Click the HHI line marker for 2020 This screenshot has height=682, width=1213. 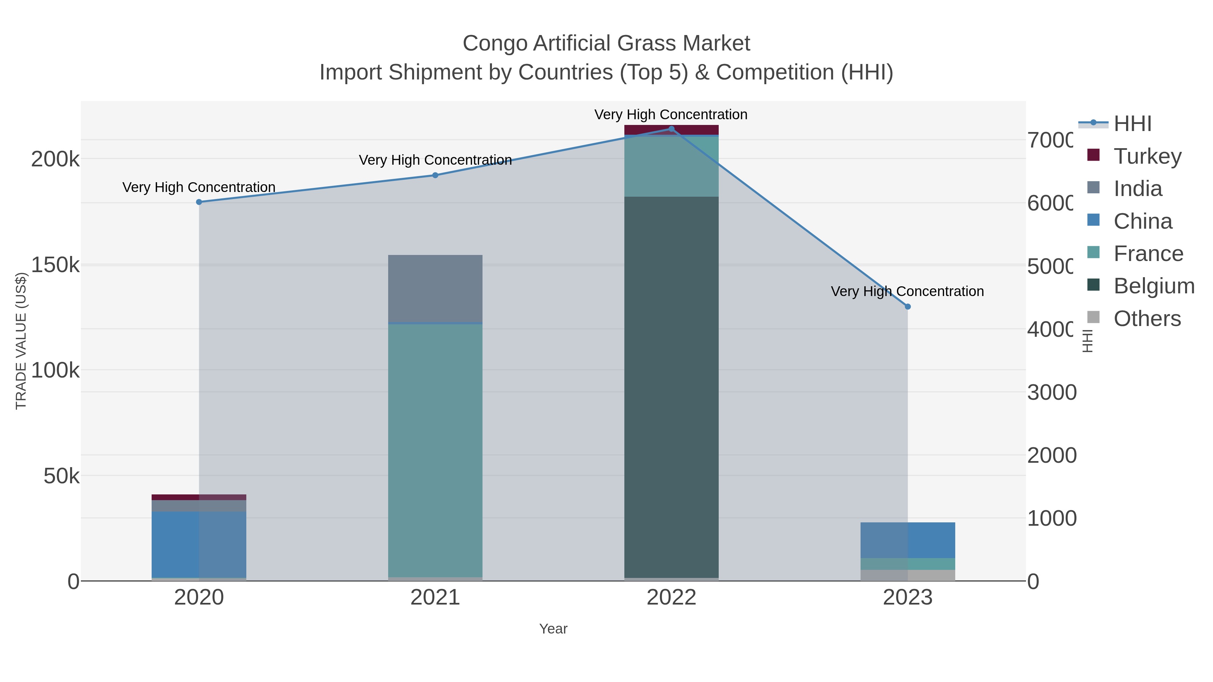199,202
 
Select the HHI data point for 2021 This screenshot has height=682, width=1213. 435,175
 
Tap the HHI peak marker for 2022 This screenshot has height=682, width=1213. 672,129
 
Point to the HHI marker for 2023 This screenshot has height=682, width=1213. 908,306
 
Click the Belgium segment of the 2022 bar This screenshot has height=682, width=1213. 672,386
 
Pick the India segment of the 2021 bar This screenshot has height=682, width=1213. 435,288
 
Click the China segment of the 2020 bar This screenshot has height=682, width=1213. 199,544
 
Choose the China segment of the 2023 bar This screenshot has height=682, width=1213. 908,540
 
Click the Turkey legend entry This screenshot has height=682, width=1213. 1147,156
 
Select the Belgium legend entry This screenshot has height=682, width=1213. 1154,286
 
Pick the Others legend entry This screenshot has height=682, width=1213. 1147,319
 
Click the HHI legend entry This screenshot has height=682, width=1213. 1132,123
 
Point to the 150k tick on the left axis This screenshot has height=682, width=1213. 55,265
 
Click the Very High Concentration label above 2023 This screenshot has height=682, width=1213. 907,291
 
